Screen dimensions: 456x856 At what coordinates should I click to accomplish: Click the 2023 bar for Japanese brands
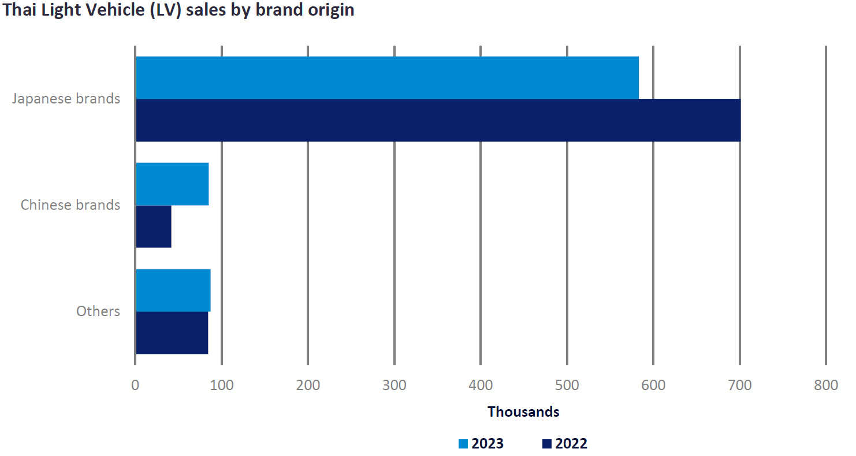point(387,77)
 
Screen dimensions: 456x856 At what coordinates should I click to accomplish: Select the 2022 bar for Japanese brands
point(438,120)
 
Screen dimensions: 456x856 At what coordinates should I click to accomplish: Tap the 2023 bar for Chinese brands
point(172,184)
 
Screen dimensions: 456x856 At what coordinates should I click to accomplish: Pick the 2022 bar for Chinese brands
point(154,227)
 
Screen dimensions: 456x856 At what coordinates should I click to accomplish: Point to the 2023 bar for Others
point(173,290)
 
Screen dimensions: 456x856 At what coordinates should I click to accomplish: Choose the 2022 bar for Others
point(172,333)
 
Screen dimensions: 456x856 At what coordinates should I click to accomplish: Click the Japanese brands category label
point(66,99)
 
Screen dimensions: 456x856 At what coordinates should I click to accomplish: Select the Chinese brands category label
point(70,205)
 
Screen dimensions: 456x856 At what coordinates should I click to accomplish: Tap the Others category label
point(98,312)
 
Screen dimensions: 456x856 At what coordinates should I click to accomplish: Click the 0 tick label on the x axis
point(135,385)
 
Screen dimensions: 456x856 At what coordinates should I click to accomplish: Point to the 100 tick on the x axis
point(221,385)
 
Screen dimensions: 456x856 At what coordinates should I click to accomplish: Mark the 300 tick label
point(394,385)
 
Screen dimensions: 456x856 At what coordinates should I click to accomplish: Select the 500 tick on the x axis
point(567,385)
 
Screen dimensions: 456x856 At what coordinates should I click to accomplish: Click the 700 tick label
point(739,385)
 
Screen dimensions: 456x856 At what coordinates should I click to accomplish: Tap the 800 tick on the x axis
point(825,385)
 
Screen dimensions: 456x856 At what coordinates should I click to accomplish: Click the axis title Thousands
point(523,412)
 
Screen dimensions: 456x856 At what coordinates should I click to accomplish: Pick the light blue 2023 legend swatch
point(463,444)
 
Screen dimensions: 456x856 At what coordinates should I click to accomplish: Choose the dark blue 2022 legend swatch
point(547,444)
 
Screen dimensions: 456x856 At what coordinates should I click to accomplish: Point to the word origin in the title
point(330,12)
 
